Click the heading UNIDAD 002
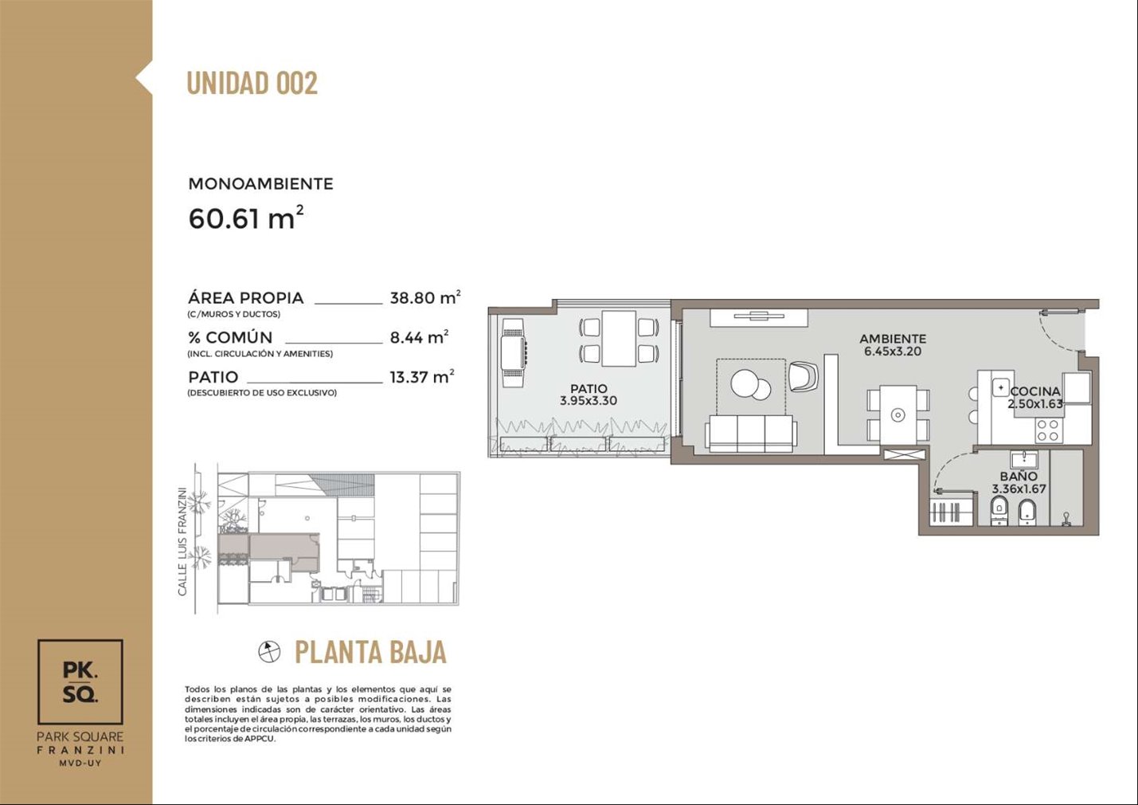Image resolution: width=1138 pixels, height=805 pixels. point(252,83)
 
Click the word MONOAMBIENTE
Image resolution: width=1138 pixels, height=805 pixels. point(260,183)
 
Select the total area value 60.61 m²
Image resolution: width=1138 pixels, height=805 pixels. point(246,218)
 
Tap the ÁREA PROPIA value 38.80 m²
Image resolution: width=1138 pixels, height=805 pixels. point(425,297)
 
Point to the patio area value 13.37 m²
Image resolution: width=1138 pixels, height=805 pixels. point(421,376)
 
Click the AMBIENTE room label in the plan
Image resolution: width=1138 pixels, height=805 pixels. point(893,339)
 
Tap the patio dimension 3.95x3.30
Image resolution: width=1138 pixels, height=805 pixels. point(589,401)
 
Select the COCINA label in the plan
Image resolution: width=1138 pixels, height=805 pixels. point(1035,391)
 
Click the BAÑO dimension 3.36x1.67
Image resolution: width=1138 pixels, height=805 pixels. point(1019,489)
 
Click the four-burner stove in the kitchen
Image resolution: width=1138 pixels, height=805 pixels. point(1049,430)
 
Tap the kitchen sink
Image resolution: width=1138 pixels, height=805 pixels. point(1000,387)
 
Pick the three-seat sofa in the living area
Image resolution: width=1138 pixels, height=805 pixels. point(750,434)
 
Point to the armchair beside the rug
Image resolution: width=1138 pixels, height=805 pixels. point(804,376)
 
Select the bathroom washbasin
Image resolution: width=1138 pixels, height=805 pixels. point(1024,460)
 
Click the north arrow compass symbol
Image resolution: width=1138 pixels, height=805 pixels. point(269,651)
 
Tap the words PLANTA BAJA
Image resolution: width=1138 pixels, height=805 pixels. point(371,653)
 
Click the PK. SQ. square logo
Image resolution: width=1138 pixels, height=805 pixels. point(80,681)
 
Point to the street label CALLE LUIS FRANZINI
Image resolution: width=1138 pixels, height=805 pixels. point(182,542)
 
